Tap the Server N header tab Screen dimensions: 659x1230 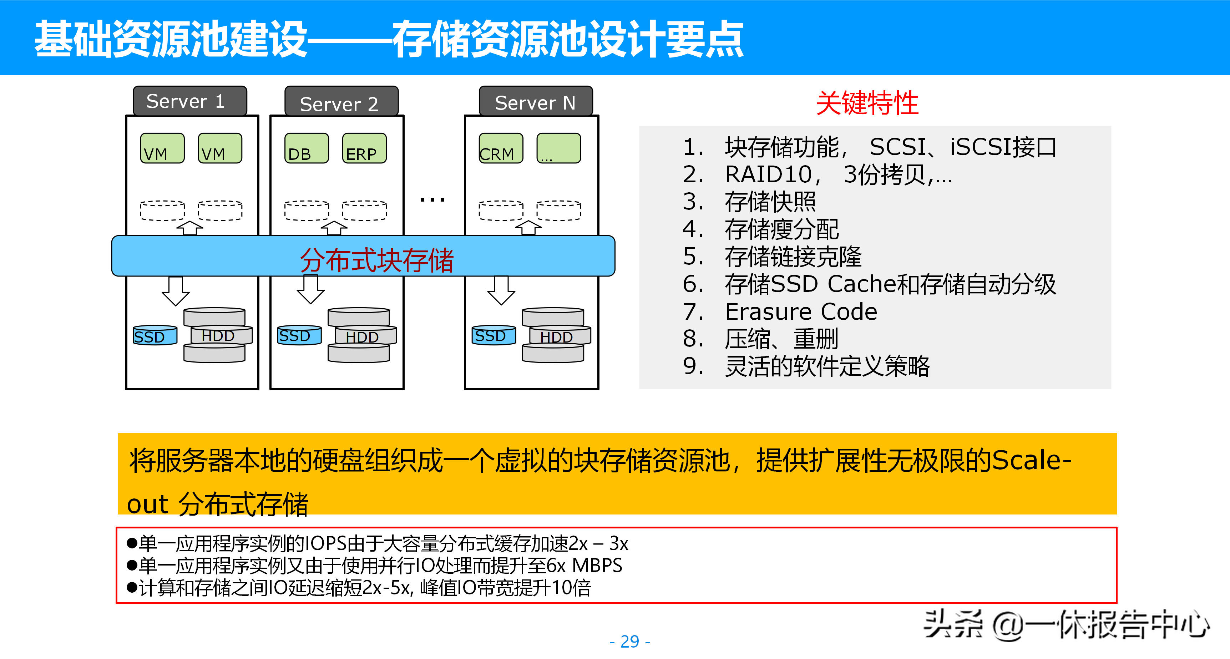(535, 102)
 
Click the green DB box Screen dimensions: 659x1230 (306, 148)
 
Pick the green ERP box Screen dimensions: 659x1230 (364, 148)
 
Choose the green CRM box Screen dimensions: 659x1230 (500, 148)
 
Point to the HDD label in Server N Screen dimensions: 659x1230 (556, 337)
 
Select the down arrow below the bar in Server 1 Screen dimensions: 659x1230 (176, 290)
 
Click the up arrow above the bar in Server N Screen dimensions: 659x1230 (528, 227)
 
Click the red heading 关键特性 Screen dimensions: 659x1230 (867, 103)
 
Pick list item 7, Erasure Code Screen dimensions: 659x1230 (801, 312)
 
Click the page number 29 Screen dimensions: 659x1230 (629, 641)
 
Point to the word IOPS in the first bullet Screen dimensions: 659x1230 (326, 544)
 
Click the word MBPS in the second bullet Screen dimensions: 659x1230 (597, 566)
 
